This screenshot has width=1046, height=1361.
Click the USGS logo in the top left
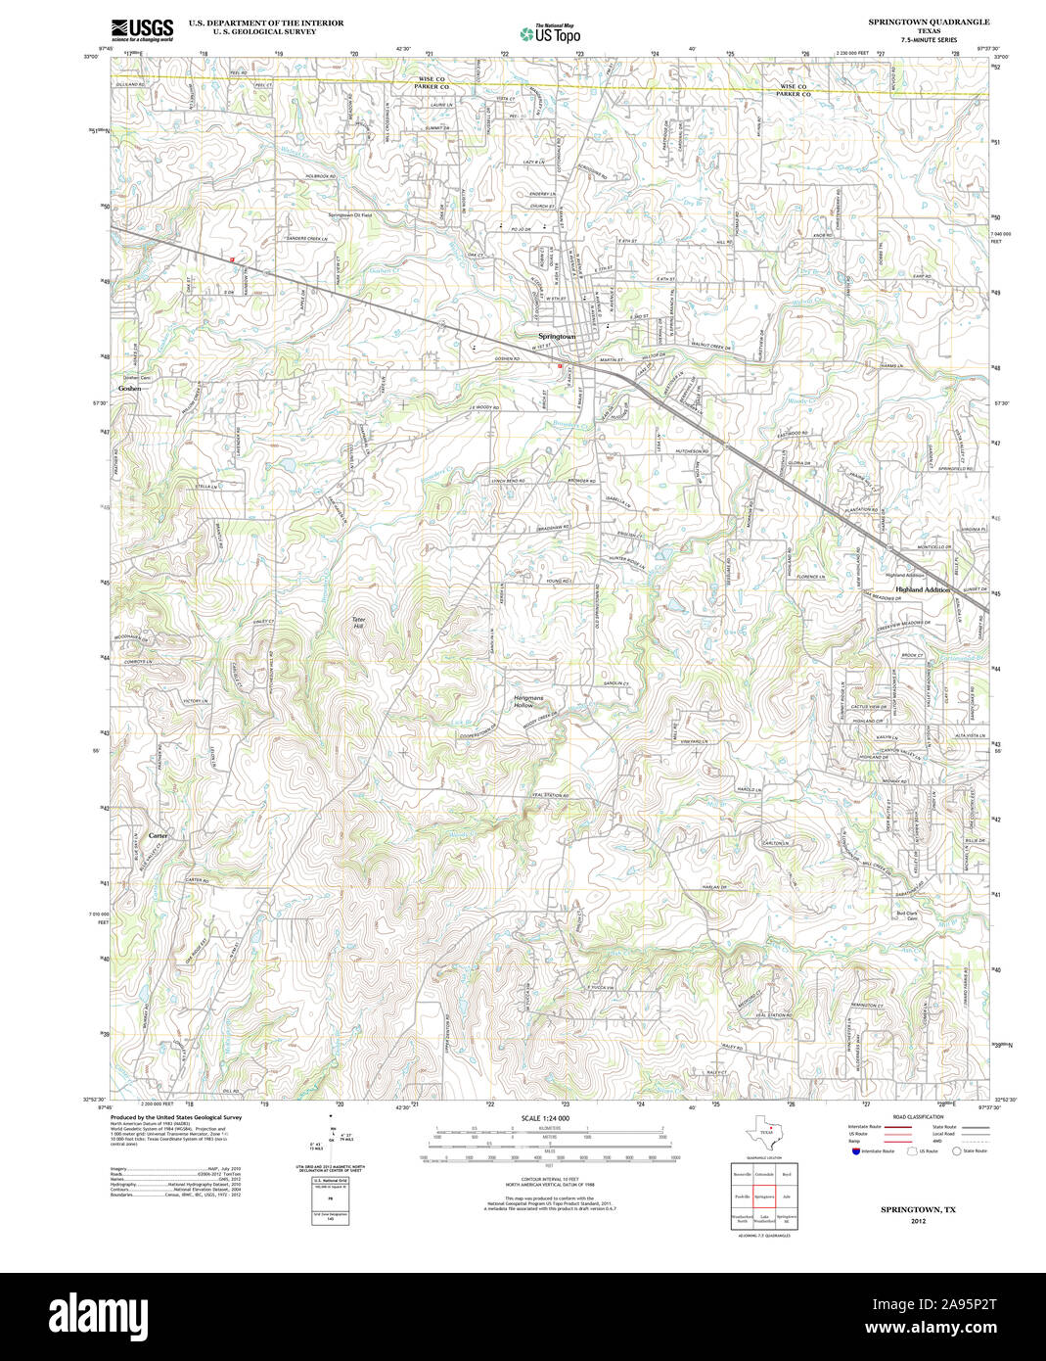[x=142, y=28]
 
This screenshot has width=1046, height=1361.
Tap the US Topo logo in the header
[x=550, y=33]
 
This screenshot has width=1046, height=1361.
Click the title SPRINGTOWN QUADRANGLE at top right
[x=929, y=22]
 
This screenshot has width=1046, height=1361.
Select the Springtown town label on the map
[x=557, y=337]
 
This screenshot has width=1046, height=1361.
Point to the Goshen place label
[x=129, y=389]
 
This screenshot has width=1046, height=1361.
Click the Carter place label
[x=158, y=835]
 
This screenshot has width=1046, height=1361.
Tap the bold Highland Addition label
[x=922, y=590]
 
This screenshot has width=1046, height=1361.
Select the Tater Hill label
[x=358, y=624]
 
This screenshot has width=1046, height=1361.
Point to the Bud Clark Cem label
[x=907, y=916]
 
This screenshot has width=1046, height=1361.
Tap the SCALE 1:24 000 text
[x=545, y=1118]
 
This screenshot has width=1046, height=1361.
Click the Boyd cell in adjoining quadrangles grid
[x=786, y=1172]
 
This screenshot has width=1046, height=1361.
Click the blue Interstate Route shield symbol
[x=852, y=1150]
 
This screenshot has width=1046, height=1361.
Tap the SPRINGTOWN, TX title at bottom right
[x=917, y=1209]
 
